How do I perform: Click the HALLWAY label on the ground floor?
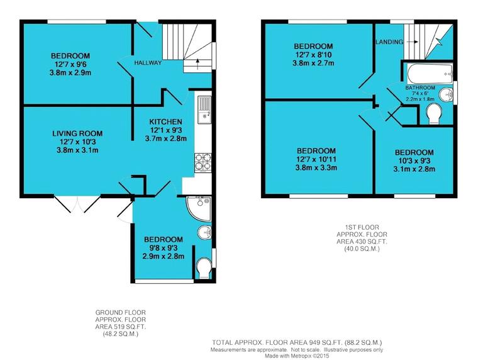click(148, 63)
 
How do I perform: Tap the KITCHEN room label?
click(165, 121)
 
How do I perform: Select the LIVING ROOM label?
click(77, 133)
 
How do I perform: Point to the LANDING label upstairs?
click(389, 42)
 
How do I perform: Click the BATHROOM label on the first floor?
click(420, 88)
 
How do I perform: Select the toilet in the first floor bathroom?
click(433, 114)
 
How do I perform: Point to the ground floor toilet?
click(204, 268)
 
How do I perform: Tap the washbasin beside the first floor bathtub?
click(446, 95)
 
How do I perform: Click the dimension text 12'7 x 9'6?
click(70, 65)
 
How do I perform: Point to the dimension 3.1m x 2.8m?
click(414, 169)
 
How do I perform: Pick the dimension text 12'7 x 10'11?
click(316, 160)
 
